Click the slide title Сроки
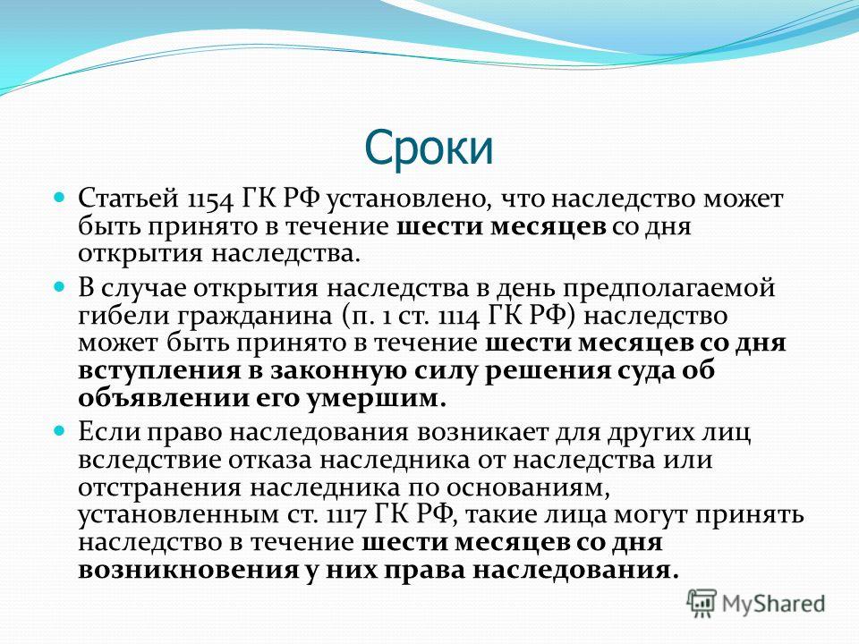point(429,148)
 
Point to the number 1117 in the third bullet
point(347,515)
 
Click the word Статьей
point(128,199)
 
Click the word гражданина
point(253,317)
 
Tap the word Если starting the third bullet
point(109,431)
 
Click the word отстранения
point(159,488)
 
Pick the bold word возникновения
point(188,571)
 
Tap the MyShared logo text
point(774,604)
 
